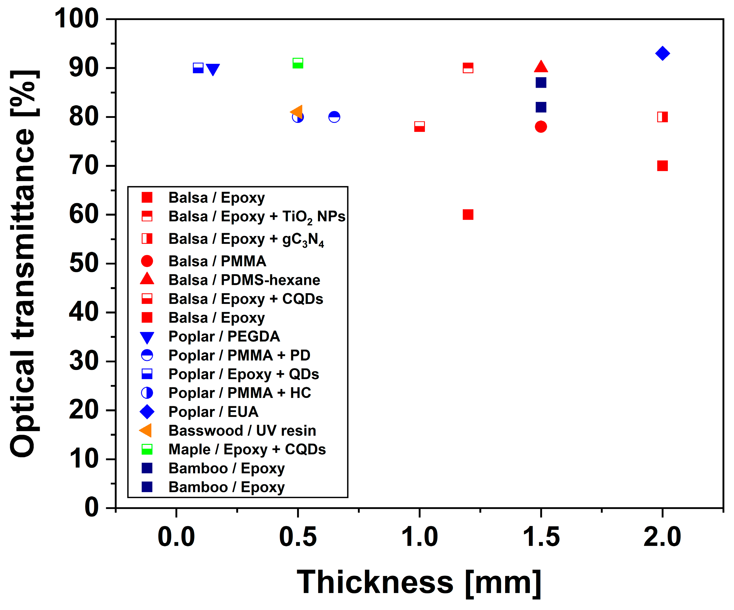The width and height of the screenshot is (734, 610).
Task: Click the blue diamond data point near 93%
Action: (x=662, y=53)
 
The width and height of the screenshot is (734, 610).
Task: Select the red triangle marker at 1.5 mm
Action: (x=541, y=67)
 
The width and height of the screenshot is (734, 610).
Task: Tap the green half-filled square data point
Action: (x=298, y=63)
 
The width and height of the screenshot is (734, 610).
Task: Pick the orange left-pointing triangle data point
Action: (x=297, y=112)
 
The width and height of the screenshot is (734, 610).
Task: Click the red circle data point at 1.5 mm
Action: (x=541, y=127)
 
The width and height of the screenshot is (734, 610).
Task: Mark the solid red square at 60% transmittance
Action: (x=468, y=214)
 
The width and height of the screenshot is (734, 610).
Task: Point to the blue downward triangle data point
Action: (x=213, y=69)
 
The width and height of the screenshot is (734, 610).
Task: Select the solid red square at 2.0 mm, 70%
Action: (x=662, y=165)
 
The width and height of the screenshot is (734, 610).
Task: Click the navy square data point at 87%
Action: (x=541, y=83)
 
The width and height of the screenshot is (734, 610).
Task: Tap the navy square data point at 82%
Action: (x=541, y=107)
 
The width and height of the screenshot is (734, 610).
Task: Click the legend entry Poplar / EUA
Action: (x=213, y=411)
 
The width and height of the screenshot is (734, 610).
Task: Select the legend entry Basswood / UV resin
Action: (x=242, y=430)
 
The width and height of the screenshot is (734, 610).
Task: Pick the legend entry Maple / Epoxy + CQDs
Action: (x=247, y=449)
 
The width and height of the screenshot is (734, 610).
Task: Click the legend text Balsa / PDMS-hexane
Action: (x=244, y=280)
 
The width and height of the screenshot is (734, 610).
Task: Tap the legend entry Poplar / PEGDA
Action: (x=224, y=336)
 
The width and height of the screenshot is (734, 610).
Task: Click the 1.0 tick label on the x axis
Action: (x=419, y=537)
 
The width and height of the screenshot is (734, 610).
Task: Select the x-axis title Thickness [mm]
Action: (x=419, y=582)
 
